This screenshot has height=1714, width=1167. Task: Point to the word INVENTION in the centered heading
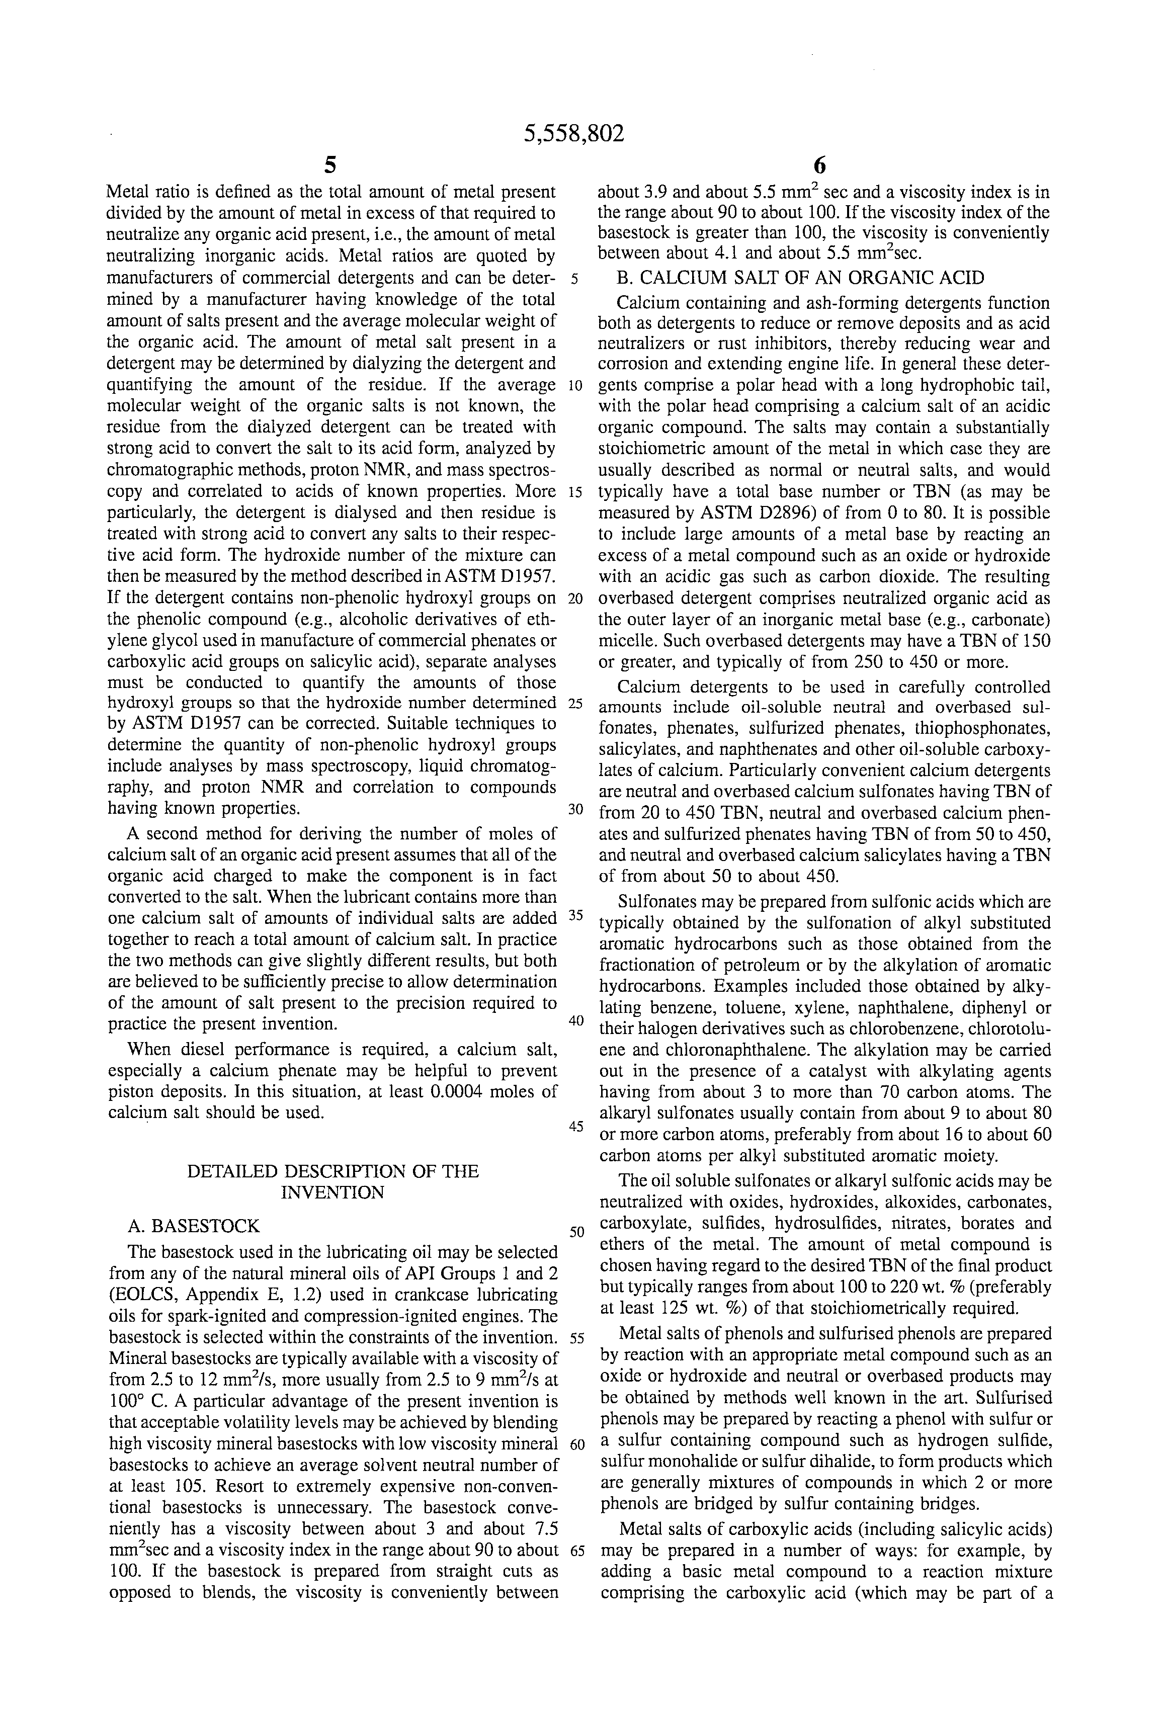(332, 1192)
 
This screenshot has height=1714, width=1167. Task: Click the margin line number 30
(576, 809)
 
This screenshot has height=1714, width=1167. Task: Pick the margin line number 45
(576, 1126)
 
